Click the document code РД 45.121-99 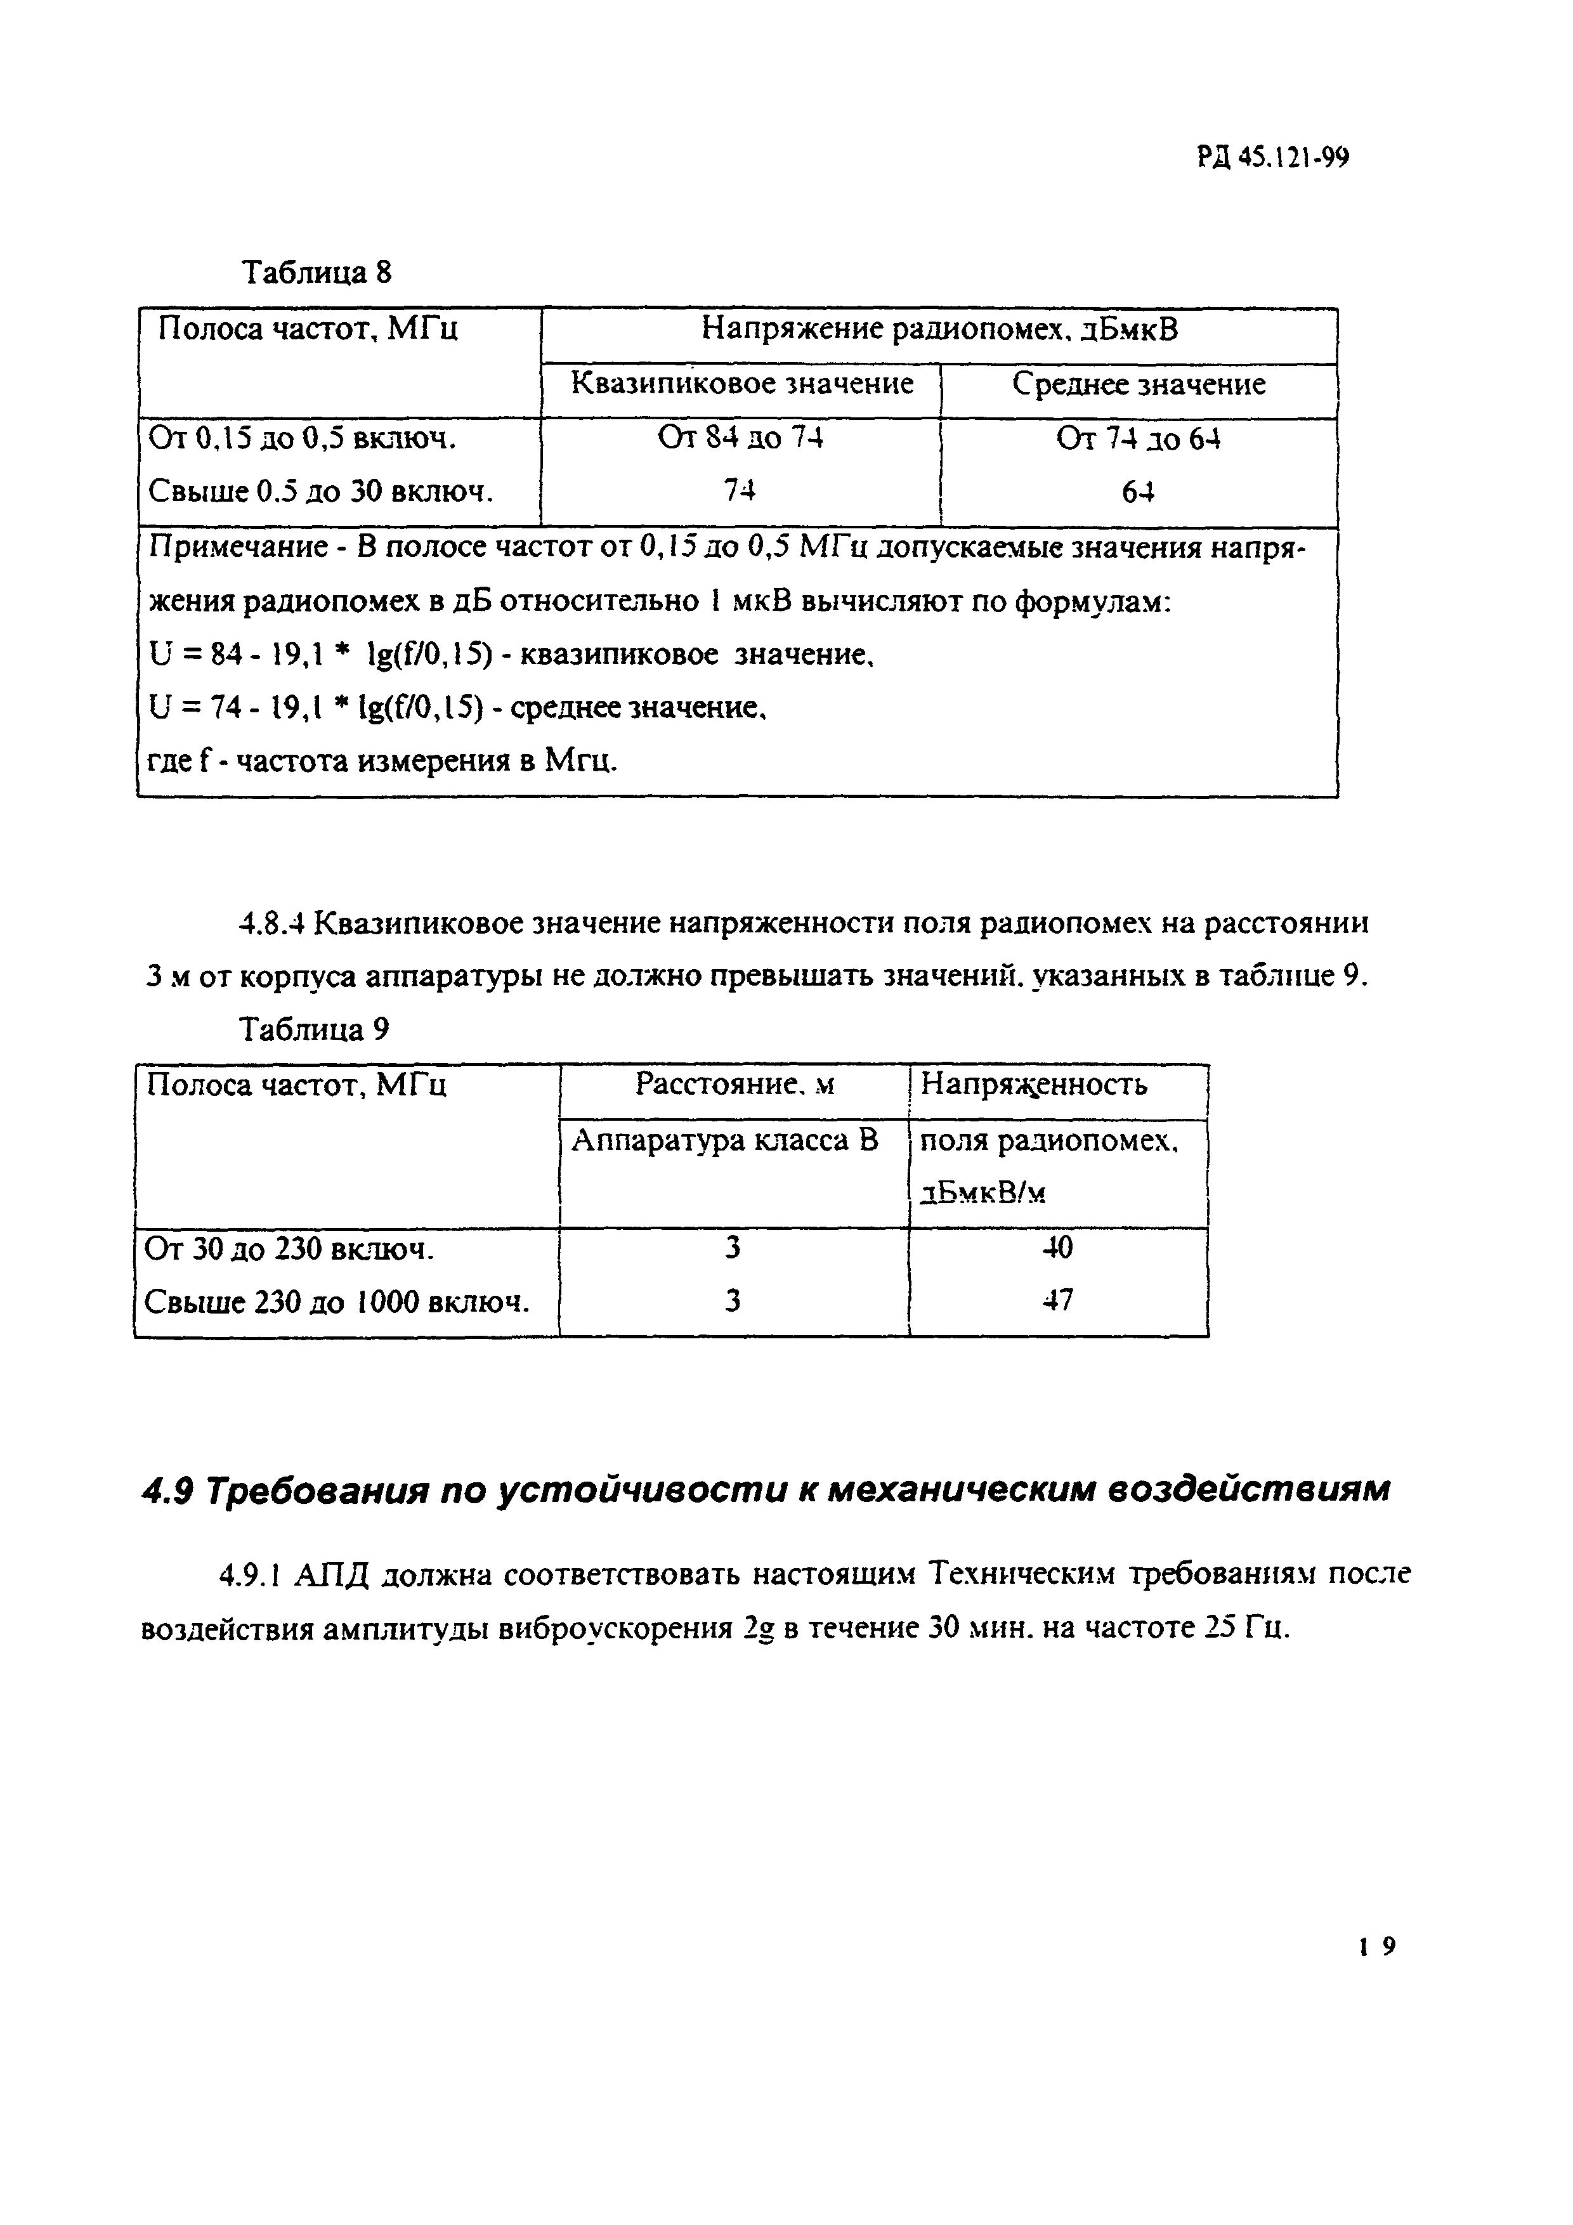tap(1272, 158)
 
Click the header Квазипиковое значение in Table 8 tap(741, 384)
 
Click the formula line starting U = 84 tap(510, 656)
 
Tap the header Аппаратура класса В tap(725, 1140)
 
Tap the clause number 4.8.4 tap(271, 923)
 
